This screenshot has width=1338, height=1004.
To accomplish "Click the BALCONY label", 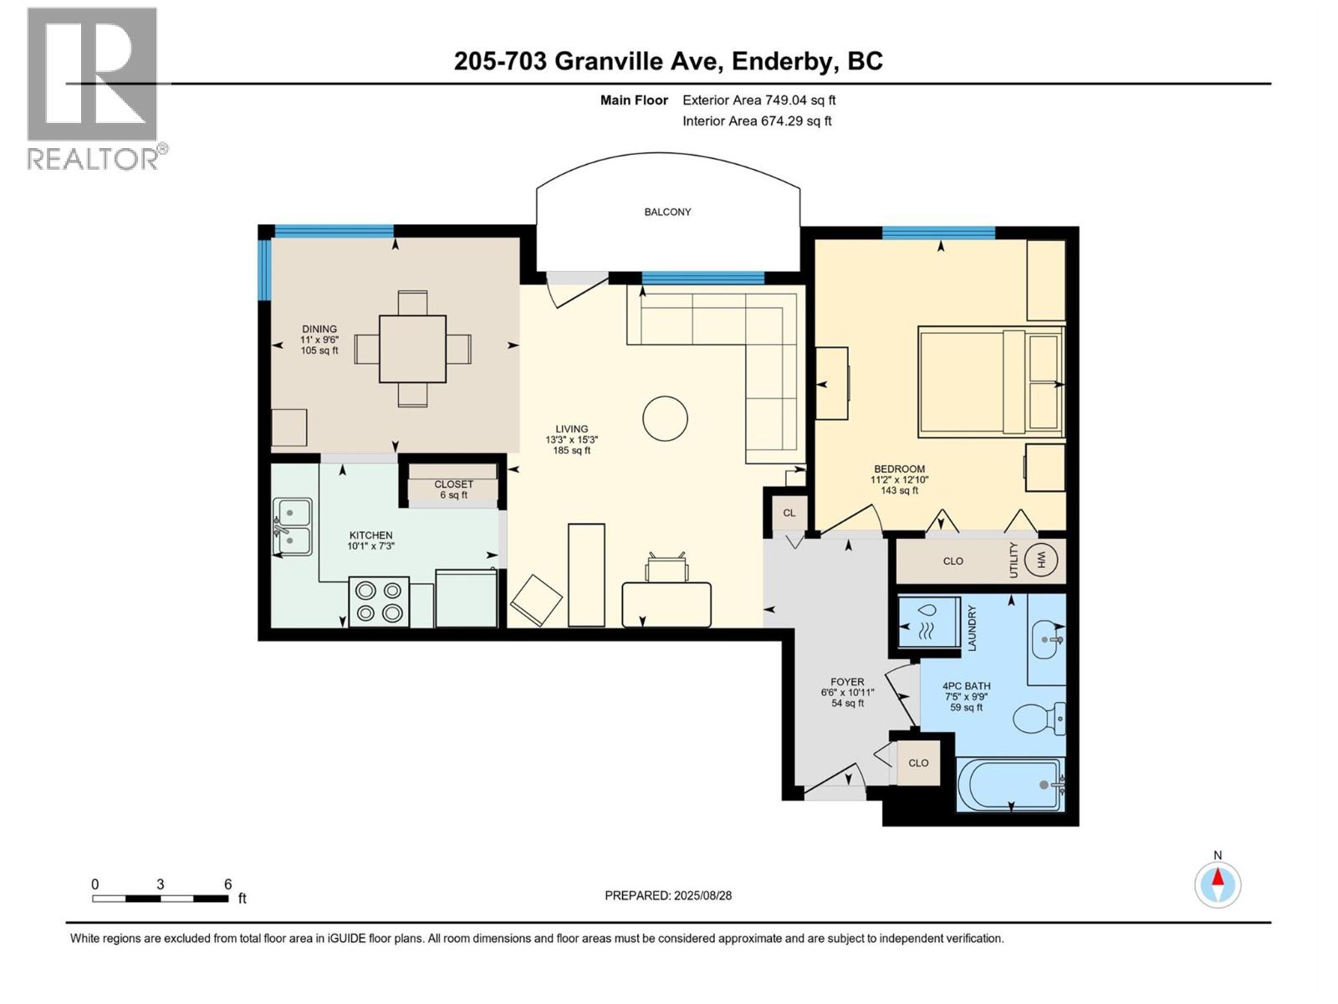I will pyautogui.click(x=667, y=212).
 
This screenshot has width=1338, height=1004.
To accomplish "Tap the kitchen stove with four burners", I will pyautogui.click(x=379, y=602).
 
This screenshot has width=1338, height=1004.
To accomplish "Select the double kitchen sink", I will pyautogui.click(x=292, y=527).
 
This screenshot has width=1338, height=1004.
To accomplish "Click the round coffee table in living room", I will pyautogui.click(x=665, y=417).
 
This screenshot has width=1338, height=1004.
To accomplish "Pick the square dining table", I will pyautogui.click(x=412, y=349).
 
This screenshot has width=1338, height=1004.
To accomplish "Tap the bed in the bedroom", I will pyautogui.click(x=990, y=382).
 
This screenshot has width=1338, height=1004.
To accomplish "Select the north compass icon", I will pyautogui.click(x=1218, y=884).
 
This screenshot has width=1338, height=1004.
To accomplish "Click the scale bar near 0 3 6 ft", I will pyautogui.click(x=160, y=899).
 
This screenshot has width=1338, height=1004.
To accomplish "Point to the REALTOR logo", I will pyautogui.click(x=94, y=88).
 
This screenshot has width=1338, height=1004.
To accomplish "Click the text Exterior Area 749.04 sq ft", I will pyautogui.click(x=758, y=100).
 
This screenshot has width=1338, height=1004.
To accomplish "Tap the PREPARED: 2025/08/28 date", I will pyautogui.click(x=668, y=895).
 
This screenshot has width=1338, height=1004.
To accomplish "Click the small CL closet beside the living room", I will pyautogui.click(x=789, y=513).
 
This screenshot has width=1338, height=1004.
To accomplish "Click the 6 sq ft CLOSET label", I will pyautogui.click(x=453, y=489).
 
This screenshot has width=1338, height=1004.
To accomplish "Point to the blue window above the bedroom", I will pyautogui.click(x=938, y=233).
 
